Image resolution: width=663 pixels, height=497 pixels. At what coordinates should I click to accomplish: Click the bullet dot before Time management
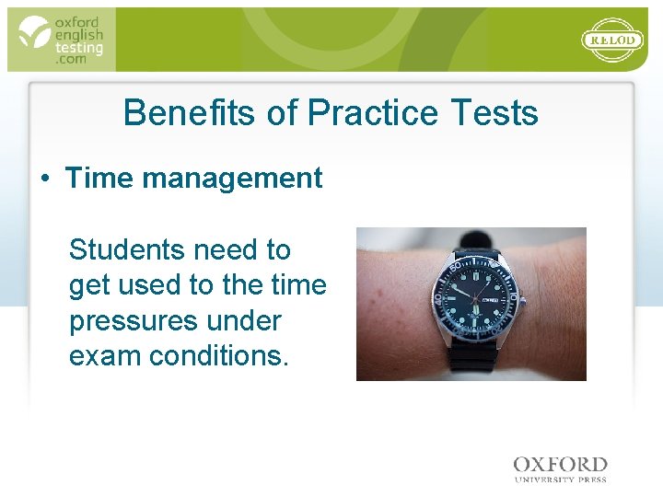pyautogui.click(x=44, y=179)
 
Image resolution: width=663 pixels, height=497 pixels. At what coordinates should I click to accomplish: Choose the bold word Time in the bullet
pyautogui.click(x=97, y=178)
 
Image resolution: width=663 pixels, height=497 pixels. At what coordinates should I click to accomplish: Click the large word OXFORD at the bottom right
pyautogui.click(x=560, y=465)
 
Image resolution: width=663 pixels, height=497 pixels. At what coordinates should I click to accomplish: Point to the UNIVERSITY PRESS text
pyautogui.click(x=560, y=479)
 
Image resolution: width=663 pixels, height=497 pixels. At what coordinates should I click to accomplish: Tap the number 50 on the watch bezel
pyautogui.click(x=456, y=257)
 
